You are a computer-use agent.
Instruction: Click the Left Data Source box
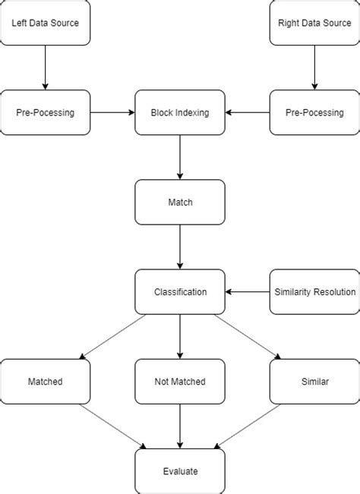coord(45,23)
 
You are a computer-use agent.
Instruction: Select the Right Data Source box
coord(314,23)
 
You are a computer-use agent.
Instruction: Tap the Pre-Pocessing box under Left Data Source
coord(45,112)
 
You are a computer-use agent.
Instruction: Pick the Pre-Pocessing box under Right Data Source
coord(314,112)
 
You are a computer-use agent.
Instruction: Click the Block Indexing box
coord(180,112)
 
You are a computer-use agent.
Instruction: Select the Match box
coord(180,203)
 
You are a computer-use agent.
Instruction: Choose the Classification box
coord(180,291)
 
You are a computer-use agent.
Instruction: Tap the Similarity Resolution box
coord(314,291)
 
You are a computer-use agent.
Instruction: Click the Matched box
coord(45,382)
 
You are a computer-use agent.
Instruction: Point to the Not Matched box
coord(180,382)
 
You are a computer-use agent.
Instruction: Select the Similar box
coord(314,382)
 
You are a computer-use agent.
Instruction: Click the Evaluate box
coord(180,471)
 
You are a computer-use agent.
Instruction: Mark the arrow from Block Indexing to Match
coord(180,157)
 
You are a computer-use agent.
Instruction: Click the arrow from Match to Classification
coord(180,247)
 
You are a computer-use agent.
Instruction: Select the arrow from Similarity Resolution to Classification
coord(248,291)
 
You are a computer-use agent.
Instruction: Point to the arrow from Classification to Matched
coord(112,336)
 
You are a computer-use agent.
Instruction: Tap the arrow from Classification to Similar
coord(248,336)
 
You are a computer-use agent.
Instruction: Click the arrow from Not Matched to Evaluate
coord(180,426)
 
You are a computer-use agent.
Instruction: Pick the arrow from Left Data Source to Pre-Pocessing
coord(45,68)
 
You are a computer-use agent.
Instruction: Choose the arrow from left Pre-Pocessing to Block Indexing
coord(112,112)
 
